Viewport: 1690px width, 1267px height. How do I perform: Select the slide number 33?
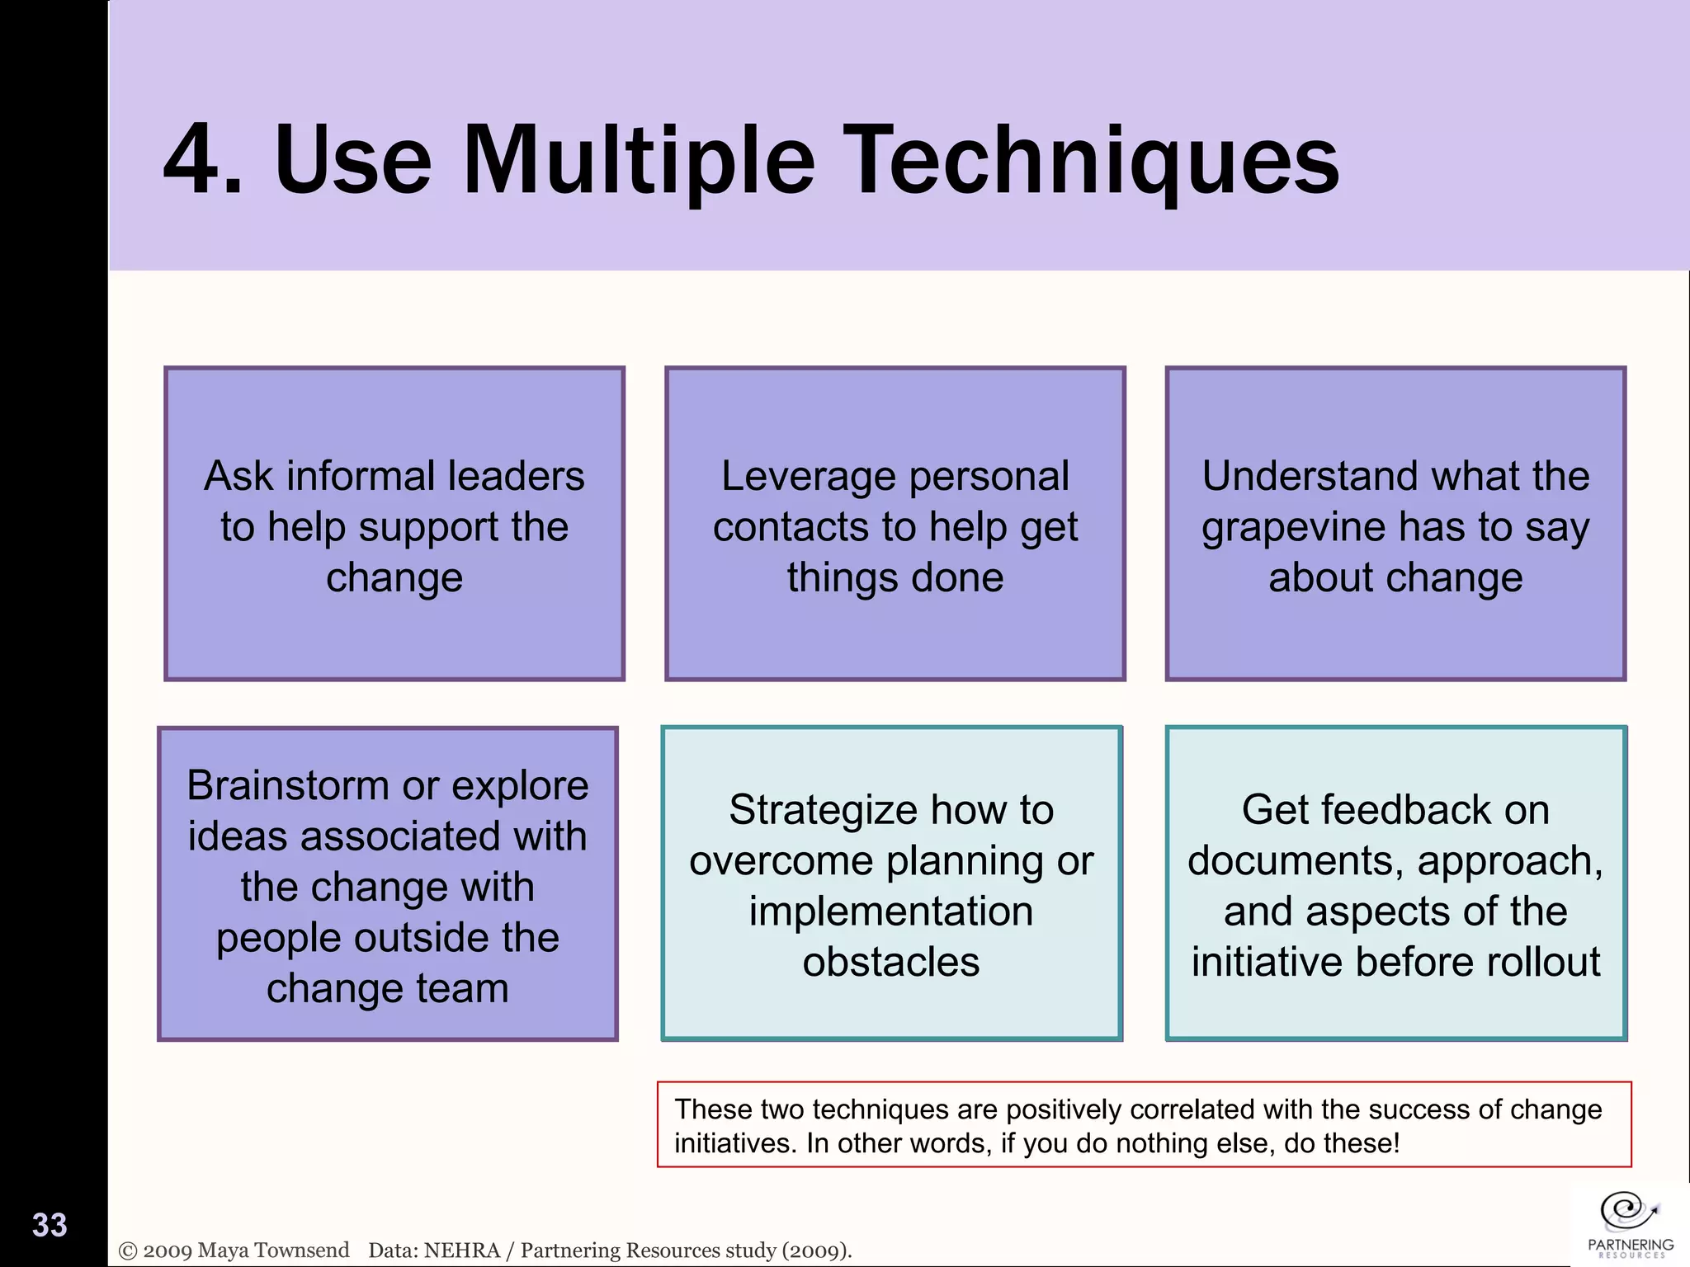click(50, 1225)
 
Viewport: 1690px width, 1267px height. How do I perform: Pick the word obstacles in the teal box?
click(891, 962)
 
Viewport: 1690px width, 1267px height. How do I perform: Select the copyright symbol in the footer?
click(128, 1251)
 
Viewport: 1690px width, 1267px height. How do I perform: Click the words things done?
click(895, 577)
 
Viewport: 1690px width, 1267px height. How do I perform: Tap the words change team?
click(387, 988)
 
